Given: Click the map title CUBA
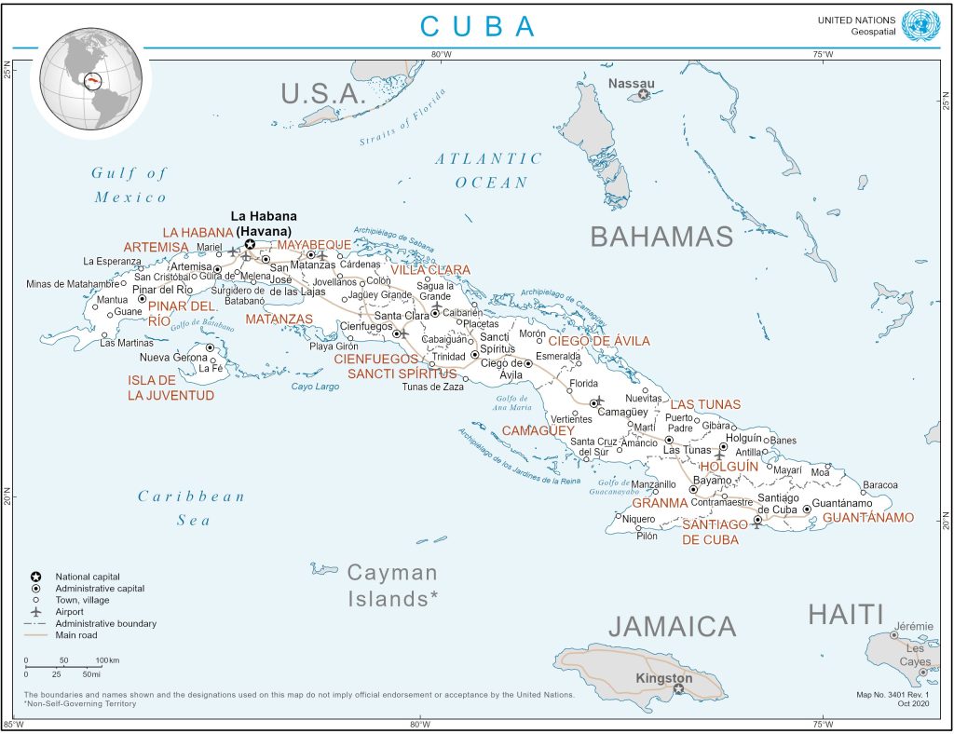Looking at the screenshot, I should click(478, 25).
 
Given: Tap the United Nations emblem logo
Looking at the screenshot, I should click(921, 25).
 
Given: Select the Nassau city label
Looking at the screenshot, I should click(631, 83).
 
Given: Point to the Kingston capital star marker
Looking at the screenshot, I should click(677, 690).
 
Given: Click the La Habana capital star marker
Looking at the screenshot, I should click(250, 244).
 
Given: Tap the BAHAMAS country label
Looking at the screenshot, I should click(661, 236).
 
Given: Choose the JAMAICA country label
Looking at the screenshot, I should click(673, 625).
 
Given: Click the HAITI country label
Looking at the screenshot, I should click(845, 614).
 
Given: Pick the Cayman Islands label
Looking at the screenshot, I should click(392, 585).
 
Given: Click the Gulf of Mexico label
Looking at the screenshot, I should click(130, 184).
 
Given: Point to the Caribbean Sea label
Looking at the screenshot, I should click(192, 508).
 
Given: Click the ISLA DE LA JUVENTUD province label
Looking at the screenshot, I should click(170, 387).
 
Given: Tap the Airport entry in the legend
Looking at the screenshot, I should click(70, 612).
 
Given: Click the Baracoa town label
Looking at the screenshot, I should click(879, 484).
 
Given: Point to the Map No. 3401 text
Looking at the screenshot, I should click(892, 695).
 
